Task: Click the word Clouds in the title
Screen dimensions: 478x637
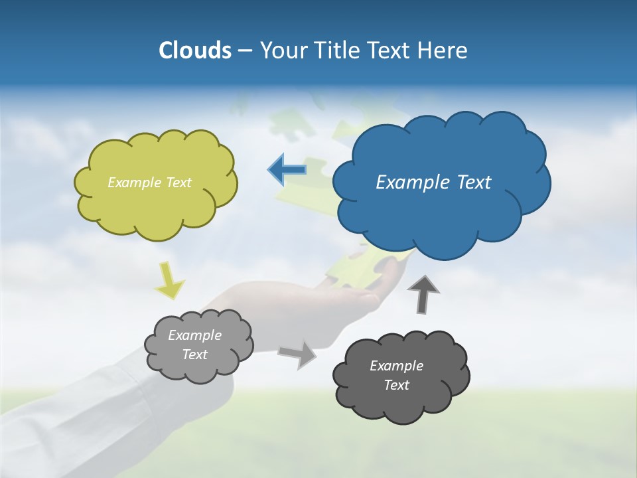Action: [194, 50]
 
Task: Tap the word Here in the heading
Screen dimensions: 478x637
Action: [444, 50]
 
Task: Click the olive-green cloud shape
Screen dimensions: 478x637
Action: [155, 206]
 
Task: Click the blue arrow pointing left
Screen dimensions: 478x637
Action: [287, 169]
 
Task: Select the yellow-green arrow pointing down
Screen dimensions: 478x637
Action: [170, 279]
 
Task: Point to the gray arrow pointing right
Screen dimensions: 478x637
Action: [298, 355]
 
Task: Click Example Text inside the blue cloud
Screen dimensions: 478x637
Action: [433, 183]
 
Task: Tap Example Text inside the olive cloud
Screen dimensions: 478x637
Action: [149, 183]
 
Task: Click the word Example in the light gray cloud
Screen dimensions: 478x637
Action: [194, 335]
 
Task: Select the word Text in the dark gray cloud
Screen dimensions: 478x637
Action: [396, 385]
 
